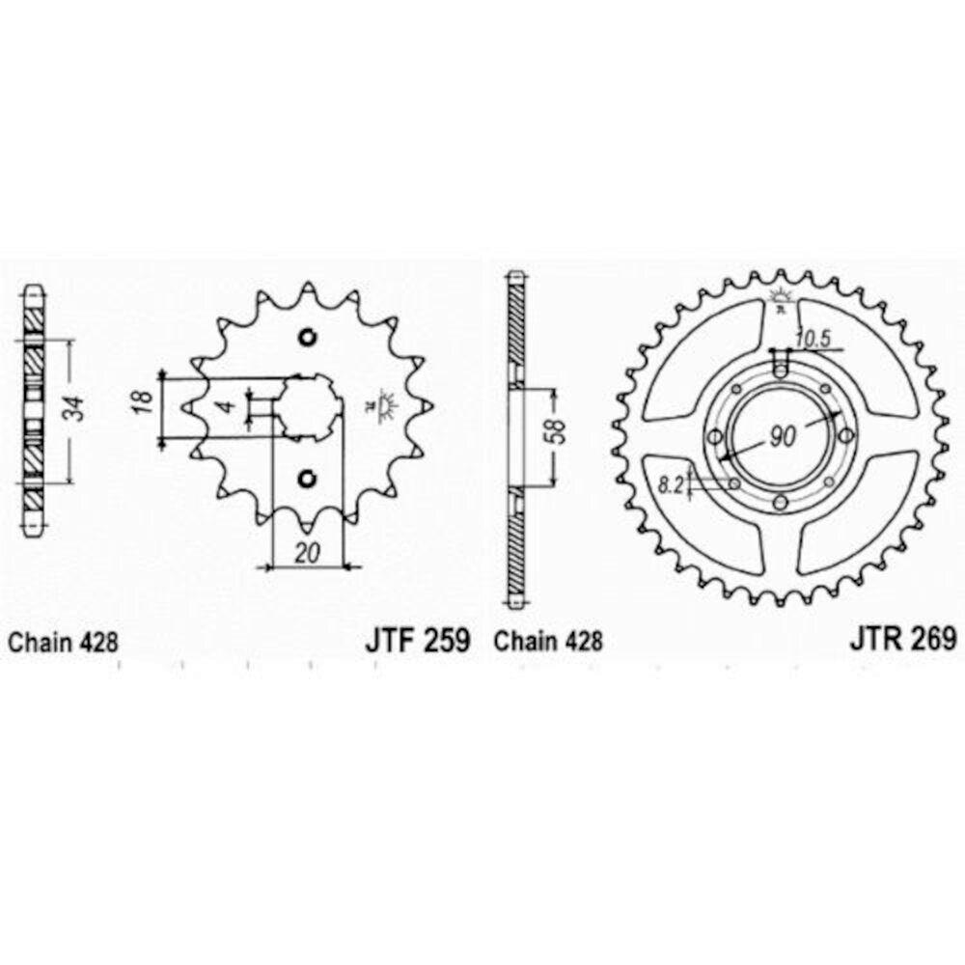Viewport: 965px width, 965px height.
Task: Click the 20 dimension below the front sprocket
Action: pos(309,554)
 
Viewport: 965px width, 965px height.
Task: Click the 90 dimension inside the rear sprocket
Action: pos(783,435)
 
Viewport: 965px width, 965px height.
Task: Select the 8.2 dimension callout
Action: pos(673,486)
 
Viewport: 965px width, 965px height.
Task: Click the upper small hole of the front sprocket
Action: pos(308,338)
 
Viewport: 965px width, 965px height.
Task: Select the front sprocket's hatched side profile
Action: pos(34,410)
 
